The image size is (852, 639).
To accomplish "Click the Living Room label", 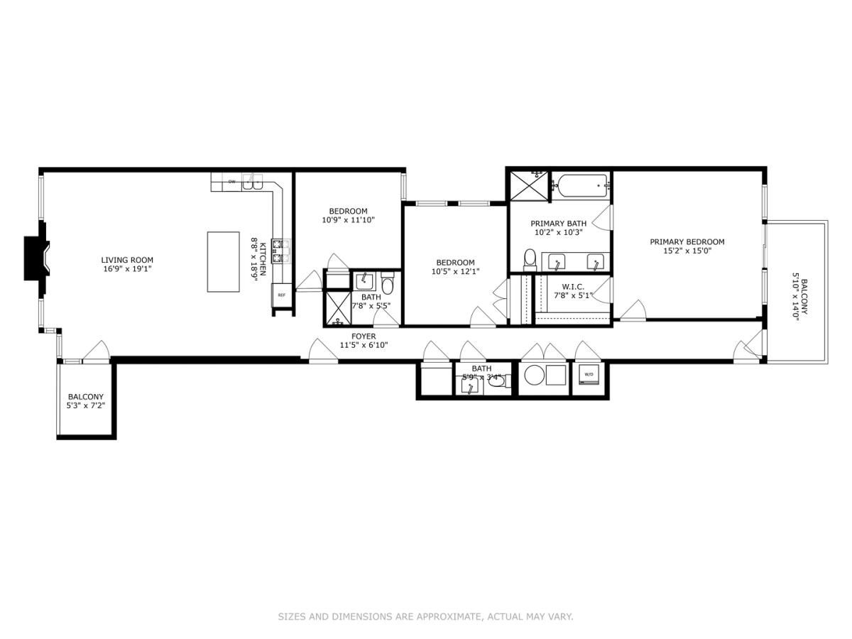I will point(127,260).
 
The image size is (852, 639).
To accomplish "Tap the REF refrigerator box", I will point(281,295).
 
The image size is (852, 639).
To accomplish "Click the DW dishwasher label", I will point(231,182).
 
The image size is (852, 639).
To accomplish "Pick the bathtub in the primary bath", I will point(581,186).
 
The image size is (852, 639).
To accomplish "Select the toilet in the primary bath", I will point(530,259).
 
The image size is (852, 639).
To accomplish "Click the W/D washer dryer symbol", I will point(589,374).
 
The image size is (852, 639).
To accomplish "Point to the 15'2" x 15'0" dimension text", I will point(687,251).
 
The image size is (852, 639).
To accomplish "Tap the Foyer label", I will point(364,336).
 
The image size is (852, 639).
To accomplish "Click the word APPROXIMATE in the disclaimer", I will point(446,617).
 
